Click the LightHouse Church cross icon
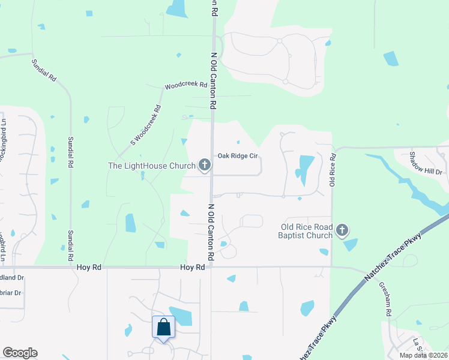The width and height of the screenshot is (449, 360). [204, 165]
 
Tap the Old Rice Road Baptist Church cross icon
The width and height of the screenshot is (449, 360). [342, 230]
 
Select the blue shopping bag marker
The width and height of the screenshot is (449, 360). [163, 328]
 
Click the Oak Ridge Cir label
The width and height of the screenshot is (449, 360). [237, 155]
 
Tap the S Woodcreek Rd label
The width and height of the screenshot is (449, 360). [146, 124]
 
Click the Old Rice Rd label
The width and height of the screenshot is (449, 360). [333, 169]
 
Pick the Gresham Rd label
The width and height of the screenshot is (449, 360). [385, 299]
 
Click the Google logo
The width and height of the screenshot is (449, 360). [20, 353]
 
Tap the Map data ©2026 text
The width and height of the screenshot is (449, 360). [423, 355]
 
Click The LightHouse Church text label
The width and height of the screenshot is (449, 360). [152, 166]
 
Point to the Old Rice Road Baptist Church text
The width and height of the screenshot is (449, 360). [307, 231]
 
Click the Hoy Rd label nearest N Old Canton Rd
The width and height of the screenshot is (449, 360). [192, 268]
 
